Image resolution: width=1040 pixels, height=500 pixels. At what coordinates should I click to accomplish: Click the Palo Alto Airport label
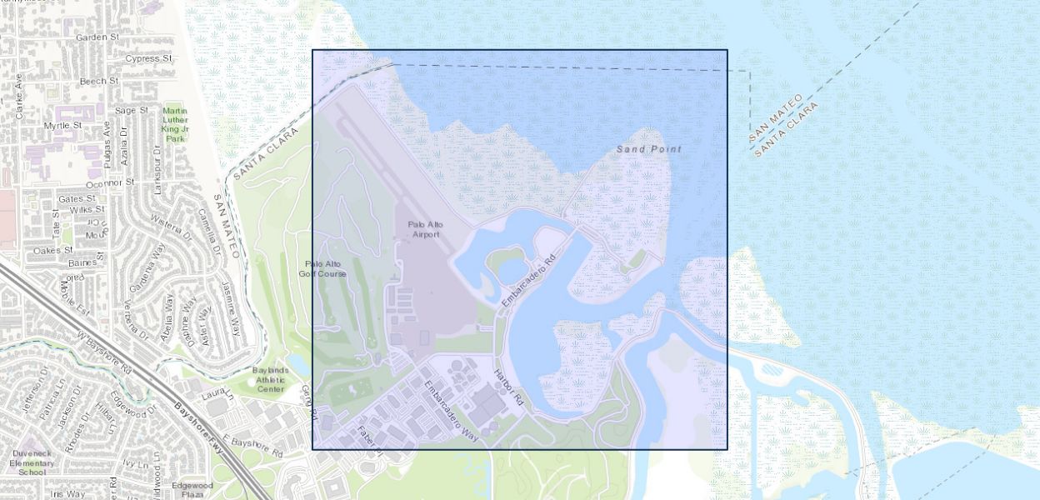pyautogui.click(x=424, y=229)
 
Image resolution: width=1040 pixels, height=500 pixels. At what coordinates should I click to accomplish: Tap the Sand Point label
pyautogui.click(x=648, y=149)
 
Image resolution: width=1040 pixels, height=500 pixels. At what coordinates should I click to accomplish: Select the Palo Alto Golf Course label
pyautogui.click(x=322, y=268)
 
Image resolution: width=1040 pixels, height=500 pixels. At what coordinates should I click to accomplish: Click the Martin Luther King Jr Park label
pyautogui.click(x=175, y=124)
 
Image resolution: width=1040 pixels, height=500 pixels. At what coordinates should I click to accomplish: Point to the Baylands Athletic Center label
pyautogui.click(x=270, y=379)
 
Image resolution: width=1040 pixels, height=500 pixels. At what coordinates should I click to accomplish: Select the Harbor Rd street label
pyautogui.click(x=508, y=387)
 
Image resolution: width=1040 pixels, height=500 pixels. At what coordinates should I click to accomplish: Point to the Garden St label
pyautogui.click(x=98, y=37)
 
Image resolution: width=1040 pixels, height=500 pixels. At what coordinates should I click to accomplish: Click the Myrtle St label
pyautogui.click(x=62, y=125)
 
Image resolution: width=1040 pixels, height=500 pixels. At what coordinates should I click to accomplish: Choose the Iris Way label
pyautogui.click(x=67, y=494)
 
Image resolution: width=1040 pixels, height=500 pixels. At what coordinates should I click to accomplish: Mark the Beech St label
pyautogui.click(x=99, y=82)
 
